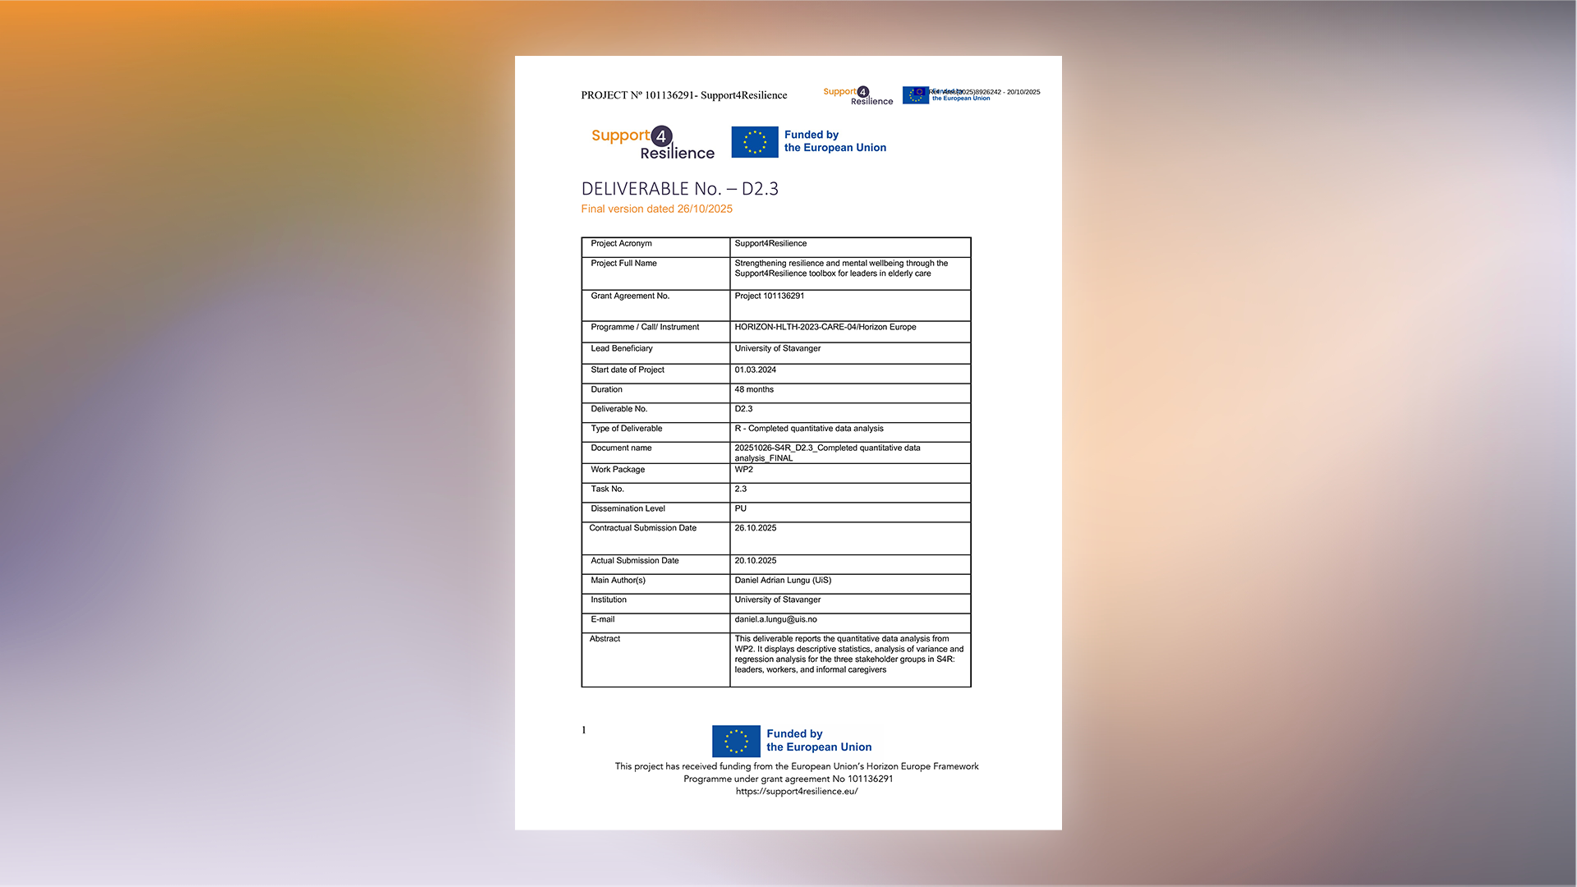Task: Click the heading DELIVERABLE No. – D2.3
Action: (679, 189)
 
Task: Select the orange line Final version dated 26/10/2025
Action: (656, 209)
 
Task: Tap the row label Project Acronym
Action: (621, 244)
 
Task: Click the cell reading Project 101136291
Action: (769, 296)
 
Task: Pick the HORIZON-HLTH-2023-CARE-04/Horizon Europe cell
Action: (825, 328)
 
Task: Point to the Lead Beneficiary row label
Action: (621, 349)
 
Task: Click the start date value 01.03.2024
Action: (755, 370)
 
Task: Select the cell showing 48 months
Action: (753, 390)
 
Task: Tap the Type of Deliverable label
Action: (626, 429)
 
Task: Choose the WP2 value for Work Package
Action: (743, 470)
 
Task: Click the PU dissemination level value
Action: (740, 509)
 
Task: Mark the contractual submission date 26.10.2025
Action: (755, 528)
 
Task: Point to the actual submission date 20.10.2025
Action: (755, 561)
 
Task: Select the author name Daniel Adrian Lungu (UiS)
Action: (782, 581)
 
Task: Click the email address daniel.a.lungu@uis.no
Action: (775, 620)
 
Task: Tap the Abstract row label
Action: (605, 639)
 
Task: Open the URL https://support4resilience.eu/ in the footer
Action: (796, 792)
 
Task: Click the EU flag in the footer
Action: (735, 741)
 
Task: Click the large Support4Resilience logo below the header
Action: (652, 144)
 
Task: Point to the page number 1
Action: (584, 730)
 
